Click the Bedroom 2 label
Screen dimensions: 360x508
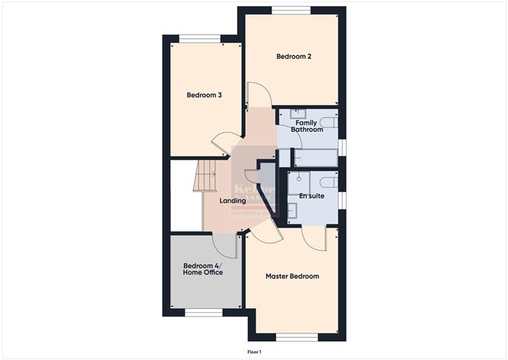click(x=294, y=56)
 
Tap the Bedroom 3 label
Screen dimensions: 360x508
click(x=205, y=95)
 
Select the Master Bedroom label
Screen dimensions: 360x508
click(x=292, y=276)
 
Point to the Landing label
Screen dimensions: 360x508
click(x=233, y=201)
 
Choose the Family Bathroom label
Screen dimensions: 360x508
click(x=306, y=126)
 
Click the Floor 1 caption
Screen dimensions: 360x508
click(x=254, y=352)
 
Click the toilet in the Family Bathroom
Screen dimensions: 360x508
click(x=328, y=122)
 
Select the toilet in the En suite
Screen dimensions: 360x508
click(x=328, y=181)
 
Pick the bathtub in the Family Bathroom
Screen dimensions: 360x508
click(x=316, y=158)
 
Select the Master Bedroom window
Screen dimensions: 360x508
click(x=291, y=336)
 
